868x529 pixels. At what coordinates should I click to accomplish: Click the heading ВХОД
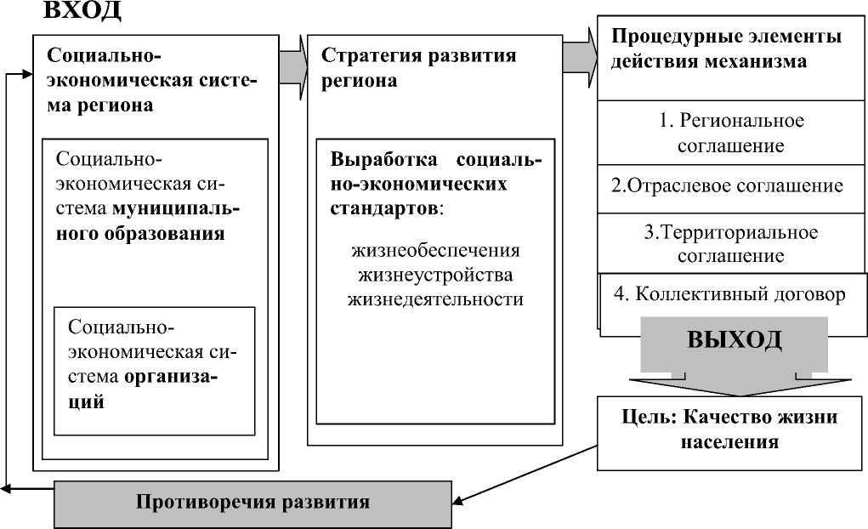coord(82,10)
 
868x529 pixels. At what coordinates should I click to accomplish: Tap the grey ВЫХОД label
coord(734,339)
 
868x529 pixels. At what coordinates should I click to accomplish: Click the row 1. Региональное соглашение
coord(731,133)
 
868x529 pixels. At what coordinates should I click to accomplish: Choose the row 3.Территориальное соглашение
coord(731,243)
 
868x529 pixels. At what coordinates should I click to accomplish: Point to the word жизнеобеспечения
coord(435,250)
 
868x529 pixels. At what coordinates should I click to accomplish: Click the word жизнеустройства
coord(435,275)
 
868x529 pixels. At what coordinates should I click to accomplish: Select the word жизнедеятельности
coord(435,299)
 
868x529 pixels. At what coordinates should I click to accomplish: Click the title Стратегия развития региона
coord(418,67)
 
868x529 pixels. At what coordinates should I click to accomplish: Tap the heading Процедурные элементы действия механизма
coord(726,48)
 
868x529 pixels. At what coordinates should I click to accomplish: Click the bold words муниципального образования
coord(148,221)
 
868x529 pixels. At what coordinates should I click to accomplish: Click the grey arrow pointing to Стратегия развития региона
coord(292,67)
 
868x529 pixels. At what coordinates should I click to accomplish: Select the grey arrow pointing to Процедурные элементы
coord(580,57)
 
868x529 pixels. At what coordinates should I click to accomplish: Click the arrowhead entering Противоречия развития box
coord(457,502)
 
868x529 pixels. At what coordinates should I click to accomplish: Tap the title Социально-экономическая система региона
coord(151,80)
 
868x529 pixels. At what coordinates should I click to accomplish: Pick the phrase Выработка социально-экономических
coord(435,172)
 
